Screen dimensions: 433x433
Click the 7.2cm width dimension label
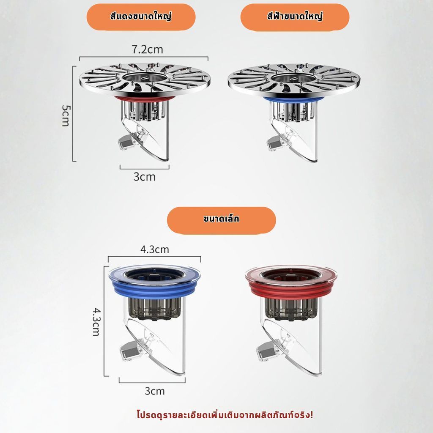[147, 49]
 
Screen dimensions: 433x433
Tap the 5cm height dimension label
[66, 115]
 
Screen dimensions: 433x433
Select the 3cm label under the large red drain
[145, 177]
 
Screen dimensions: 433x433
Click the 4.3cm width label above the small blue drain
[154, 249]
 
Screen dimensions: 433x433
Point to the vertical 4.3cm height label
[96, 322]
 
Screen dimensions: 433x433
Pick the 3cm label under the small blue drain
[155, 391]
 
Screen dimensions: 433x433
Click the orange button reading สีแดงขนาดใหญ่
[141, 17]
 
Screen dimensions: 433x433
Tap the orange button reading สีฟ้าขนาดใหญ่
[295, 17]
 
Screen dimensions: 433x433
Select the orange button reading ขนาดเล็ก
[222, 220]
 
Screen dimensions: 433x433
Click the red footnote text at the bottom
[225, 415]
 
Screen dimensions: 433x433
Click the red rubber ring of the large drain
[144, 99]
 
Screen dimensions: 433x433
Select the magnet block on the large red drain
[126, 142]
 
